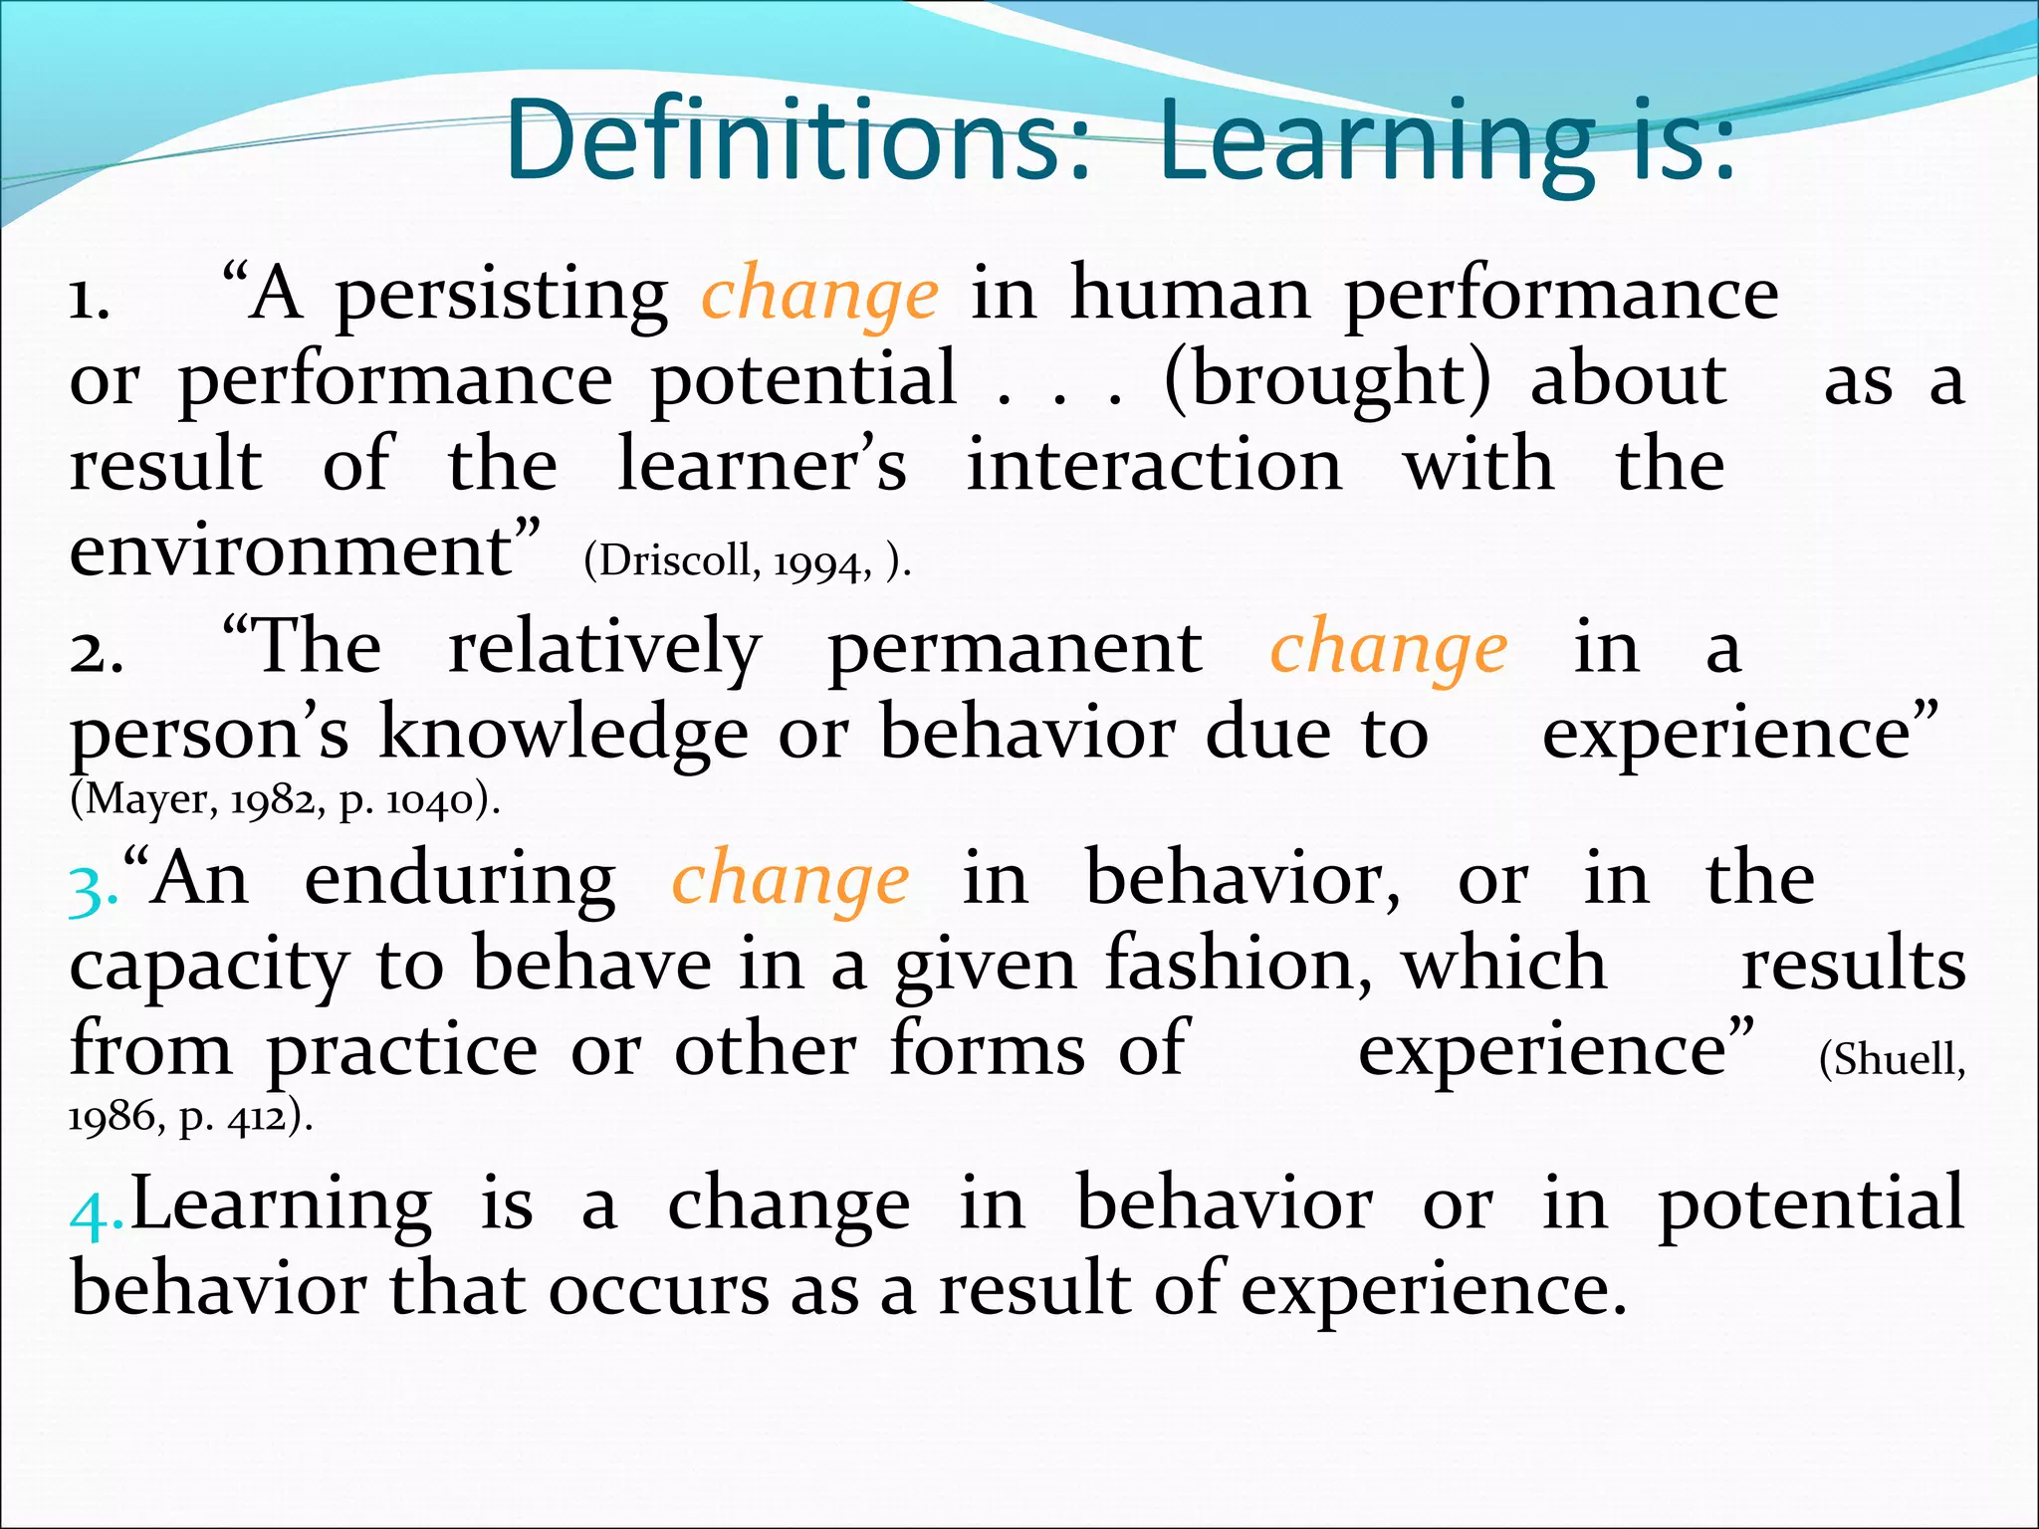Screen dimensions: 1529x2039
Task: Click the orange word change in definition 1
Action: (819, 295)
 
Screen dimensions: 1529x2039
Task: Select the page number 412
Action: (256, 1119)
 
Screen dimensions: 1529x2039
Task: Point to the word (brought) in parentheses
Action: (1327, 380)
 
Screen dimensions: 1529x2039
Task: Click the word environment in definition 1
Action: (291, 551)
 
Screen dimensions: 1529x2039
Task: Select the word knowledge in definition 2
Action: (563, 735)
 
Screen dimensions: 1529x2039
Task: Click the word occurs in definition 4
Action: (658, 1290)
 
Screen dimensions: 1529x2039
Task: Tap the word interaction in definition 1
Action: (1154, 466)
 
